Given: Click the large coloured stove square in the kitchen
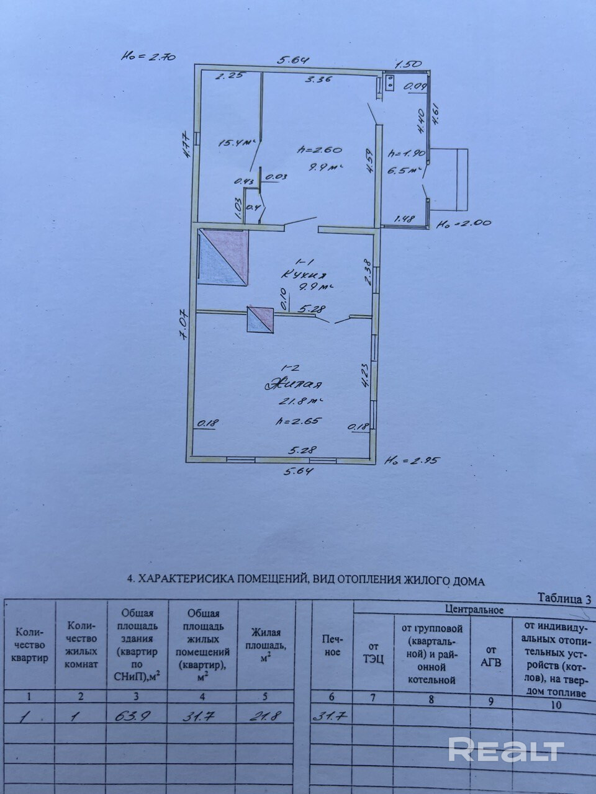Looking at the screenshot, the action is click(x=223, y=257).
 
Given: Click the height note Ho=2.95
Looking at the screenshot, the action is click(x=404, y=461).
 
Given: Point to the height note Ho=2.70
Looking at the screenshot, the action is click(x=149, y=57).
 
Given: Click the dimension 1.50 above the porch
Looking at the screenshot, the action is click(x=409, y=63).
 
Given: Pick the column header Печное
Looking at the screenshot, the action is click(x=332, y=645).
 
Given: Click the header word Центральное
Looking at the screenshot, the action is click(x=474, y=610).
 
